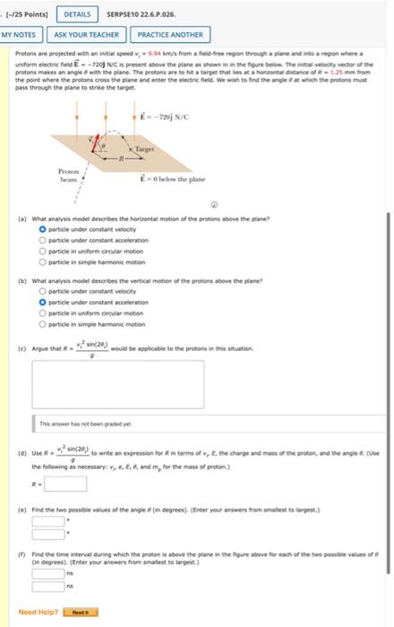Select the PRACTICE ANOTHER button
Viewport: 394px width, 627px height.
tap(169, 35)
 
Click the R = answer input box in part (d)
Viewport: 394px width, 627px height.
tap(65, 484)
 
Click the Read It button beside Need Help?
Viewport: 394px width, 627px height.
tap(85, 612)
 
